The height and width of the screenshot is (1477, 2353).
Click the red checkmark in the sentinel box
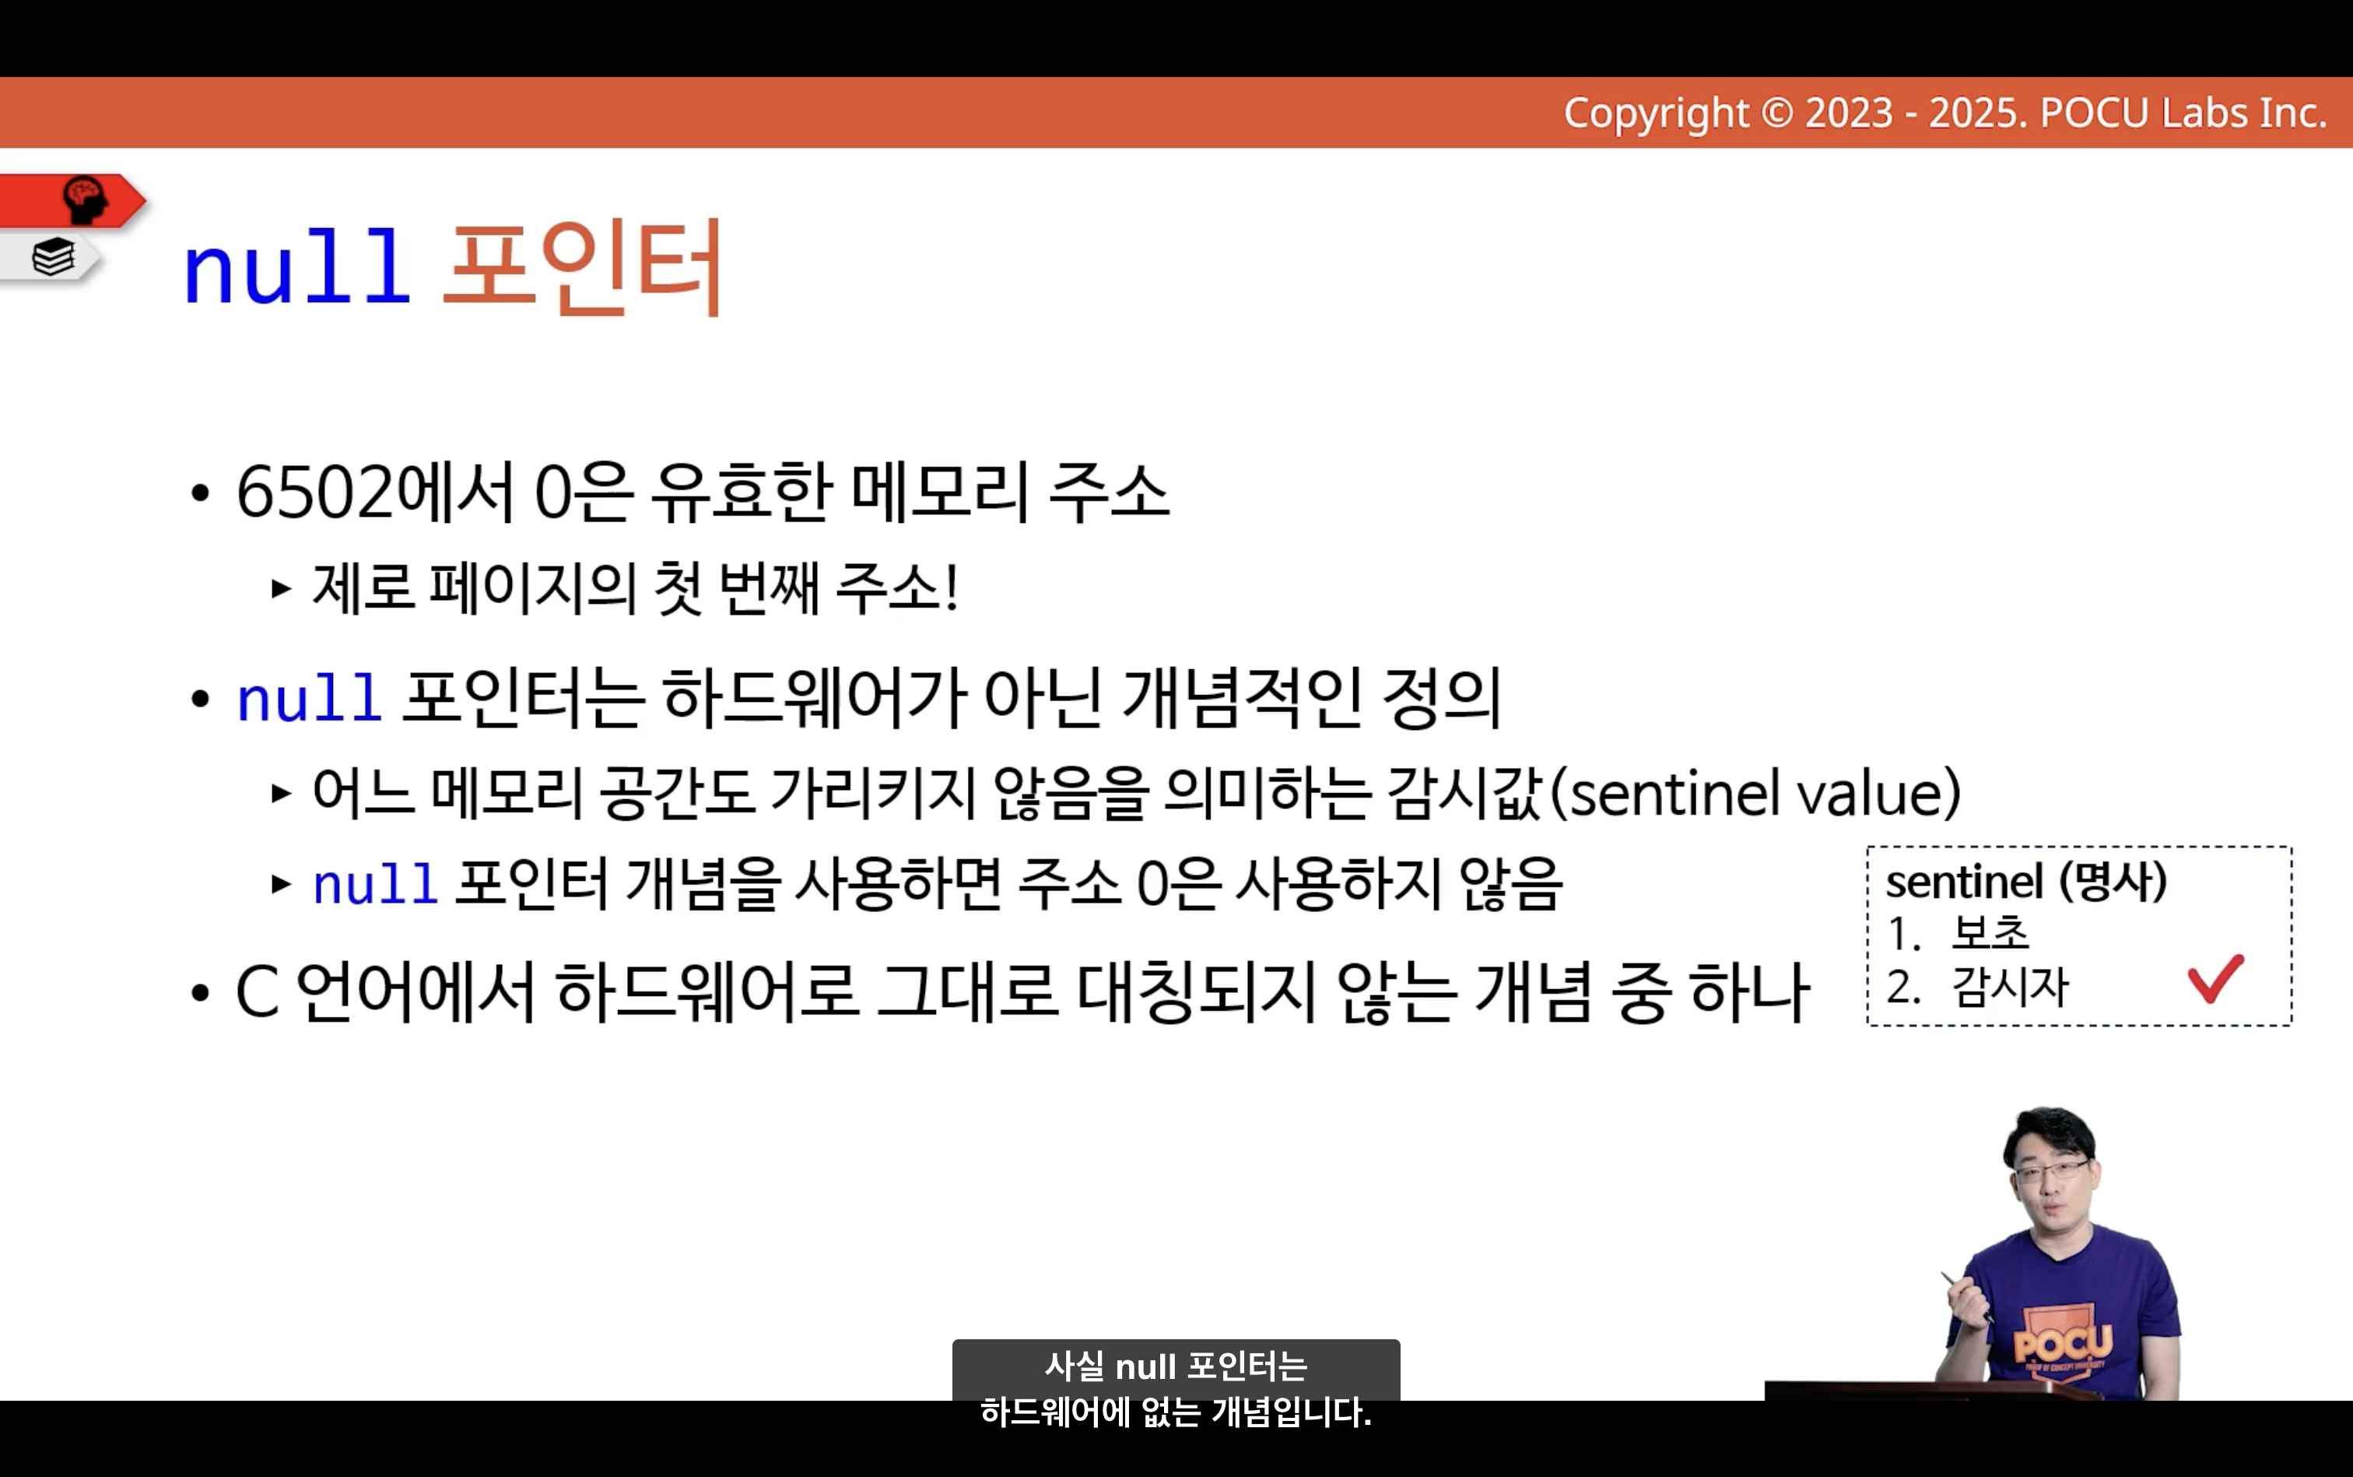(x=2214, y=979)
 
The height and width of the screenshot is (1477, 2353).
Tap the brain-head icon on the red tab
(x=86, y=200)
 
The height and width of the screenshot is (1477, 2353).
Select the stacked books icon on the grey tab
(x=53, y=257)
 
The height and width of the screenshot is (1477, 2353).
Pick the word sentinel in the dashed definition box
(x=1963, y=882)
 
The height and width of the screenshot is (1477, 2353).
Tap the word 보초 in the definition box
(x=1990, y=933)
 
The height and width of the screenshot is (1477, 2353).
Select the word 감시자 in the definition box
(x=2010, y=987)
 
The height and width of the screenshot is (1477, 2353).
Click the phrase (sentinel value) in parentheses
(x=1756, y=792)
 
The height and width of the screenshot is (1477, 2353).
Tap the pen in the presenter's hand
(x=1966, y=1296)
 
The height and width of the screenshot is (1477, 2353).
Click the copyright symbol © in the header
(x=1776, y=114)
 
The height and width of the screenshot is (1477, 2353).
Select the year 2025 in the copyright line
(x=1977, y=114)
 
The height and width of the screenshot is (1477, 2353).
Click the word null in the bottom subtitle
(x=1145, y=1366)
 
